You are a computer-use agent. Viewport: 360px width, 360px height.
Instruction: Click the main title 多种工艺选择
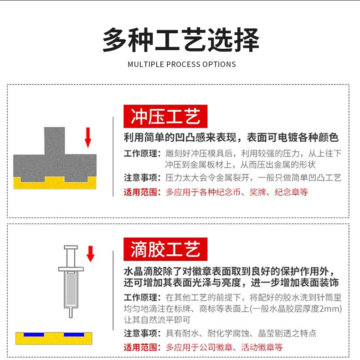[x=180, y=40]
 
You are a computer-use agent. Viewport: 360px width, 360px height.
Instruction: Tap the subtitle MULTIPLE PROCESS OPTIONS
[x=182, y=64]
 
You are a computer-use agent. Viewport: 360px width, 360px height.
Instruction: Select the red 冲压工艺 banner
[x=165, y=116]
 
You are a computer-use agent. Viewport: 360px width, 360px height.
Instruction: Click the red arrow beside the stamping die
[x=88, y=137]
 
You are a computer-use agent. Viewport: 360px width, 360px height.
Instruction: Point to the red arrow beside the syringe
[x=90, y=253]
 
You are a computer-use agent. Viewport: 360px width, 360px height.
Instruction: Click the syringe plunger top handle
[x=71, y=248]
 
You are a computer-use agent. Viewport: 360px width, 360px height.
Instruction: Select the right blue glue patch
[x=75, y=334]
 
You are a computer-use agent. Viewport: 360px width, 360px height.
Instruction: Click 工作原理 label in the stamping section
[x=142, y=154]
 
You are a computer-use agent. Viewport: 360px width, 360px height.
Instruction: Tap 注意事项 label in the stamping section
[x=142, y=178]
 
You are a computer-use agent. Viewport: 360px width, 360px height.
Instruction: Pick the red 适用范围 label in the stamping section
[x=142, y=192]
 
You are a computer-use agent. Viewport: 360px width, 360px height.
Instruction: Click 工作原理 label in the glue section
[x=142, y=298]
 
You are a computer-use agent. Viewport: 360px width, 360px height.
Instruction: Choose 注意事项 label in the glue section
[x=142, y=333]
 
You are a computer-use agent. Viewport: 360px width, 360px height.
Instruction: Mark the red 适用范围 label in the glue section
[x=142, y=347]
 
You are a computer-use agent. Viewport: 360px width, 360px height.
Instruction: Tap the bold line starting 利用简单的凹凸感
[x=231, y=138]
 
